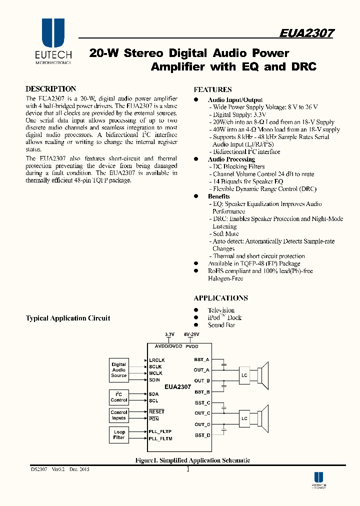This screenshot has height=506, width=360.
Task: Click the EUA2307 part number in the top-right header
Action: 306,33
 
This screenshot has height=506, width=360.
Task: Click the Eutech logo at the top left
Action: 53,40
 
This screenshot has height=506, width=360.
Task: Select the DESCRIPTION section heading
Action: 50,88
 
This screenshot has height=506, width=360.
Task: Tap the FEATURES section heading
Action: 212,90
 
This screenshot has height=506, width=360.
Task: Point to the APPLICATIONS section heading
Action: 220,297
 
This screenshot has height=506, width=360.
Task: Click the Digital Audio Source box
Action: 119,370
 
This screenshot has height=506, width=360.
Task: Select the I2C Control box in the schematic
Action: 119,397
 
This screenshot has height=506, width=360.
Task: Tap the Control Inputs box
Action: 119,415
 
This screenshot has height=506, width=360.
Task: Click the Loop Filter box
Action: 119,434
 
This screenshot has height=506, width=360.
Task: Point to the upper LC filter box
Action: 244,375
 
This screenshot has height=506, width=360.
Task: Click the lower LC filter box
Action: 244,418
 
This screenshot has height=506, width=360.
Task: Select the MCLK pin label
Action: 155,373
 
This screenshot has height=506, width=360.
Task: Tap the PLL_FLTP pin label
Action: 160,431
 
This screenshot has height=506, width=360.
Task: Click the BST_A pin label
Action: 202,359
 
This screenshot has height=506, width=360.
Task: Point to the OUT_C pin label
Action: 202,413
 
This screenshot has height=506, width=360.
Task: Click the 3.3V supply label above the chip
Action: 169,334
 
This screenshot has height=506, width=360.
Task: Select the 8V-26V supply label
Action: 191,334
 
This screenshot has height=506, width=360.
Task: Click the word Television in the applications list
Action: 221,310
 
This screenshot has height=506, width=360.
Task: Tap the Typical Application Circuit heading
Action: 68,318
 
